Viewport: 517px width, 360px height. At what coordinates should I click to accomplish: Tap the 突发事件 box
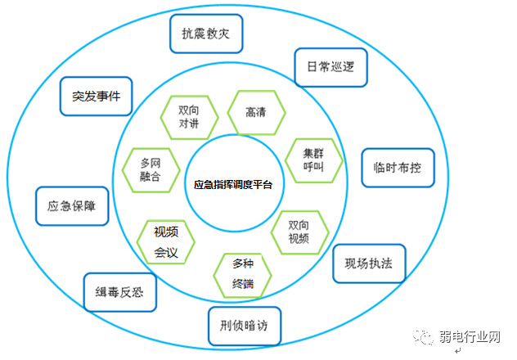tap(96, 97)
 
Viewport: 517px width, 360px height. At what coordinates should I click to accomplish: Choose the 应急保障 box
tap(71, 205)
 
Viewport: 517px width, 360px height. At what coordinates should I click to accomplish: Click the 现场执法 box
tap(370, 263)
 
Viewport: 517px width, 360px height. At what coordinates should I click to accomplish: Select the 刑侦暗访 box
tap(245, 326)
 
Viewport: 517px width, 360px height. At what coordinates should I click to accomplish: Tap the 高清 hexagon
tap(256, 111)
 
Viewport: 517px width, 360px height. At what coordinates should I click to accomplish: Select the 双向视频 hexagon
tap(299, 232)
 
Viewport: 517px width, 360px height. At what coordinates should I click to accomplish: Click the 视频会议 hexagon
tap(167, 242)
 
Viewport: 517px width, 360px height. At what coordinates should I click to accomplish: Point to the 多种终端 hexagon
tap(243, 276)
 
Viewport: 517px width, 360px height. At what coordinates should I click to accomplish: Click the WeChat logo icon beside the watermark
tap(427, 337)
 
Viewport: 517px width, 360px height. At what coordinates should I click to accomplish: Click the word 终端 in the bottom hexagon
tap(243, 285)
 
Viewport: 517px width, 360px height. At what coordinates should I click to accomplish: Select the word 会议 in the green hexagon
tap(166, 252)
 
